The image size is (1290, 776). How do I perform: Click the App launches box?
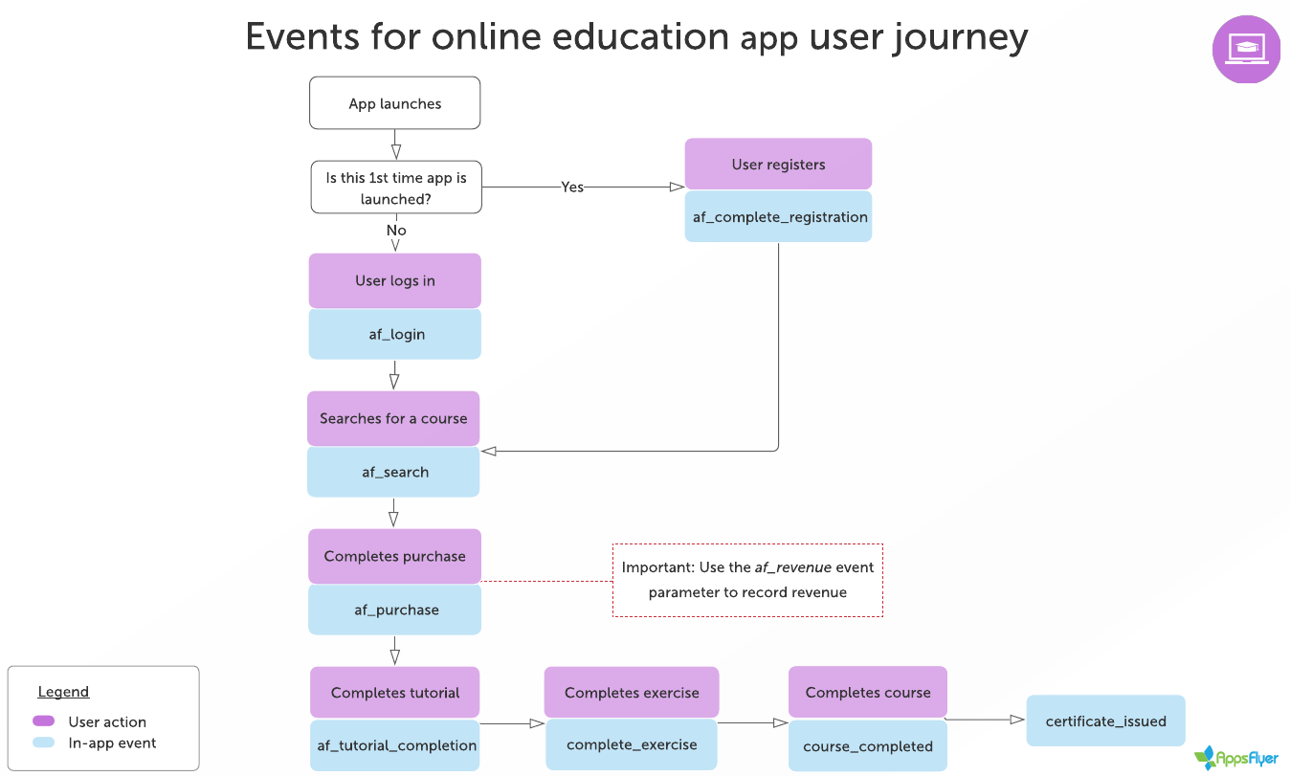click(x=394, y=103)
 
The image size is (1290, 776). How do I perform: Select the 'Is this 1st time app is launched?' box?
click(x=396, y=188)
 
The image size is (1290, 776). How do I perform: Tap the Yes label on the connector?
click(x=572, y=188)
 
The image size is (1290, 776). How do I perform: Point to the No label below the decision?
click(x=396, y=231)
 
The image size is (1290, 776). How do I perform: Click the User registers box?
click(x=778, y=165)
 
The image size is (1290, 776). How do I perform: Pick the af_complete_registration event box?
click(x=778, y=217)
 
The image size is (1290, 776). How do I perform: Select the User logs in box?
click(x=394, y=280)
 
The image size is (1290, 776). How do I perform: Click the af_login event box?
click(x=394, y=335)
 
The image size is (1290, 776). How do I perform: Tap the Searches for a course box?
click(x=393, y=418)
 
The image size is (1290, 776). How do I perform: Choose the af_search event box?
click(x=393, y=473)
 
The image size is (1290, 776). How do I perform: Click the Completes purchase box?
click(x=394, y=556)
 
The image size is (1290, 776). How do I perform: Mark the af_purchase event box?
click(x=394, y=610)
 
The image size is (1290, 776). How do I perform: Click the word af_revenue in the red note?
click(x=792, y=567)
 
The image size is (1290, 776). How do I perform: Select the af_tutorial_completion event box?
click(x=396, y=745)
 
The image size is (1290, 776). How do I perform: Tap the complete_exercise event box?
click(x=632, y=744)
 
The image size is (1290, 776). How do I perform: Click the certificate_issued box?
click(x=1105, y=721)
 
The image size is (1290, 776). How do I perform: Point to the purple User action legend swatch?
click(x=44, y=721)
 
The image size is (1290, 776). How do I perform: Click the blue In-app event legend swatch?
click(x=44, y=743)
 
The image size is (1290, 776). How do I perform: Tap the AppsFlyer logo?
click(x=1236, y=759)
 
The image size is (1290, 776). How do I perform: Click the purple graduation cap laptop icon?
click(x=1246, y=50)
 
